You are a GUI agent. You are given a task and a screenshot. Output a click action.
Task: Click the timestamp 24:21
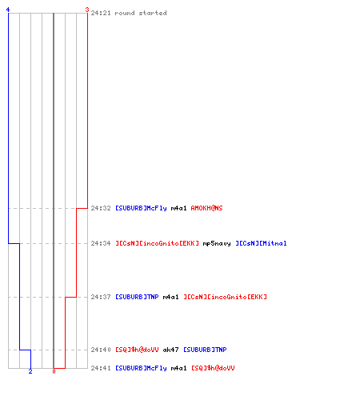[x=101, y=13]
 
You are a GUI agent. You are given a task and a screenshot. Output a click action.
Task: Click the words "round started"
[x=141, y=13]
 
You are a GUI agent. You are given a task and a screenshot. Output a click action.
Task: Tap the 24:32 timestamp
[x=101, y=208]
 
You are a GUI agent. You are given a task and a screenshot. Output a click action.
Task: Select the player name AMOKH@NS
[x=206, y=208]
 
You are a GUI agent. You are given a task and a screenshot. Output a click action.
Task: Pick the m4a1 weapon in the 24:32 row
[x=178, y=208]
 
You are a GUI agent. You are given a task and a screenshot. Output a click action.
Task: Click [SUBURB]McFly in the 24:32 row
[x=141, y=208]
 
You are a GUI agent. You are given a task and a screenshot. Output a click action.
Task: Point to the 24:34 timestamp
[x=101, y=243]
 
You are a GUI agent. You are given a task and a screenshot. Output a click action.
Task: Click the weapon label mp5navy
[x=217, y=243]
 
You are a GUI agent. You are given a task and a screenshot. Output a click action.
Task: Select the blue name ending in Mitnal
[x=261, y=243]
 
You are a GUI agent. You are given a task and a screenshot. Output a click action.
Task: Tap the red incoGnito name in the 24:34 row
[x=157, y=243]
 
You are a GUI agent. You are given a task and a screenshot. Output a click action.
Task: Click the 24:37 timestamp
[x=101, y=297]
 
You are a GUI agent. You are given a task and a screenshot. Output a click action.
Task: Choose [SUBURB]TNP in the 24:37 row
[x=137, y=297]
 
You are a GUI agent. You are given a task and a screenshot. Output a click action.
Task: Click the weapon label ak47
[x=170, y=350]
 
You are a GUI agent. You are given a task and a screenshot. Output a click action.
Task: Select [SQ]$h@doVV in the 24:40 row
[x=137, y=350]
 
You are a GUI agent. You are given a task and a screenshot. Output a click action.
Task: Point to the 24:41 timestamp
[x=101, y=368]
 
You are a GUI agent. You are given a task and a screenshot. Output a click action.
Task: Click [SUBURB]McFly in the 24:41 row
[x=141, y=368]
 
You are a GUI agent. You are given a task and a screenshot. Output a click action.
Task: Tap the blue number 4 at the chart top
[x=8, y=10]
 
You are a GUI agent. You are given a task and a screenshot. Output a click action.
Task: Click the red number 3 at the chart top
[x=87, y=10]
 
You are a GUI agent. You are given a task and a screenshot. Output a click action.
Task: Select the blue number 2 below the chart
[x=30, y=371]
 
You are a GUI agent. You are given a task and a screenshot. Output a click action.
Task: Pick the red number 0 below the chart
[x=54, y=371]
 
